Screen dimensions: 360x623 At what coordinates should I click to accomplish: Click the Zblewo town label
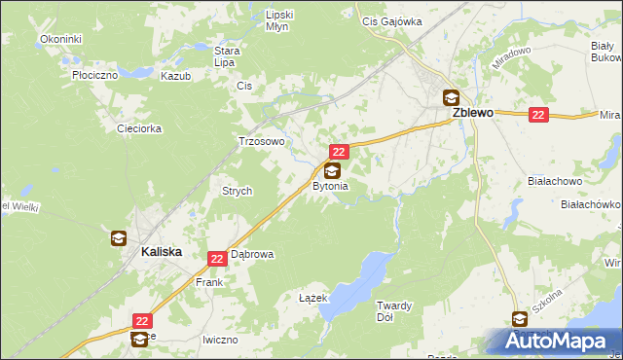pos(472,113)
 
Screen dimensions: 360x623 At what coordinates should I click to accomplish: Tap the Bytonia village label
pos(330,186)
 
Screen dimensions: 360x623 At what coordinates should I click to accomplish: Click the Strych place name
pos(238,192)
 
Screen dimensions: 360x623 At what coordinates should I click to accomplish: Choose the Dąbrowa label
pos(252,255)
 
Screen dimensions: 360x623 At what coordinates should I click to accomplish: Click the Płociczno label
pos(94,74)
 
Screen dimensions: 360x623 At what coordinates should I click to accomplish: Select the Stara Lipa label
pos(227,55)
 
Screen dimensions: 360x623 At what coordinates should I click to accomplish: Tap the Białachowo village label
pos(553,181)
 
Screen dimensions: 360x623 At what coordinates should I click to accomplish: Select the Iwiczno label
pos(220,340)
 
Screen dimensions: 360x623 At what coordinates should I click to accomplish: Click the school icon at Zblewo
pos(451,97)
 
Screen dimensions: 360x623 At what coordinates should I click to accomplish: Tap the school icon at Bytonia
pos(332,170)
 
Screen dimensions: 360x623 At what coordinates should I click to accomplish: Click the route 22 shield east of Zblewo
pos(539,115)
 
